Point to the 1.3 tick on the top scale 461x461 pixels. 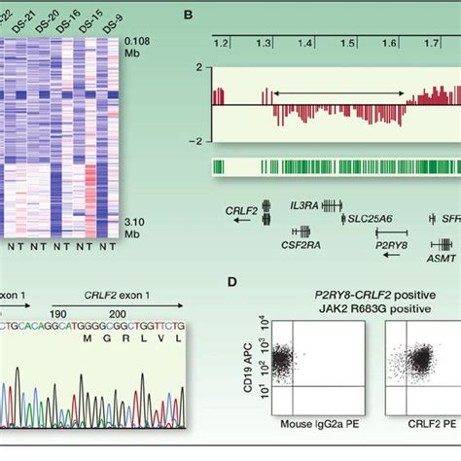pos(263,44)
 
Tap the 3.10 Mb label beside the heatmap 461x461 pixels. pos(137,230)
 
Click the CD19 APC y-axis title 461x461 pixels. pos(253,371)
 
